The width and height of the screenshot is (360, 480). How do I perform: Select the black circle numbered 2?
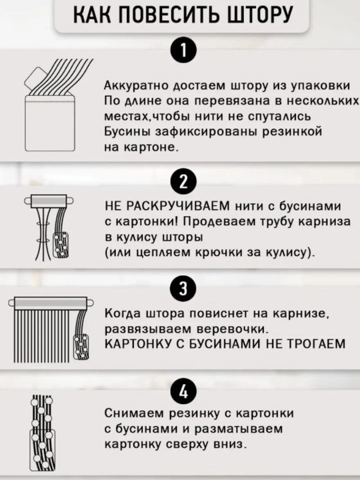coord(183,182)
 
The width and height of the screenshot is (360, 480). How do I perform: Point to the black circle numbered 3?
coord(183,289)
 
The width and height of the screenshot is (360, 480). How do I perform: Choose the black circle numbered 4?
coord(183,391)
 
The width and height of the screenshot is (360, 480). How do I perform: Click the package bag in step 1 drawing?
coord(50,123)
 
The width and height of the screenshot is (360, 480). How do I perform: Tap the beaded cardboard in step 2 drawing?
coord(61,245)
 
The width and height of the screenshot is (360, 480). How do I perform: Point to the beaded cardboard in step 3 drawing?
coord(81,347)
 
